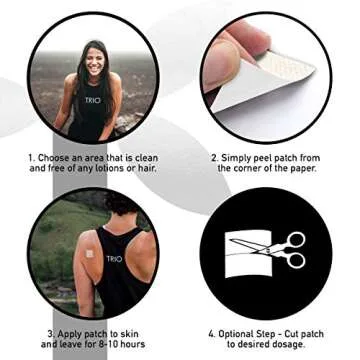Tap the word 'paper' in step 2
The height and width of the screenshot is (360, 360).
pos(305,169)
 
